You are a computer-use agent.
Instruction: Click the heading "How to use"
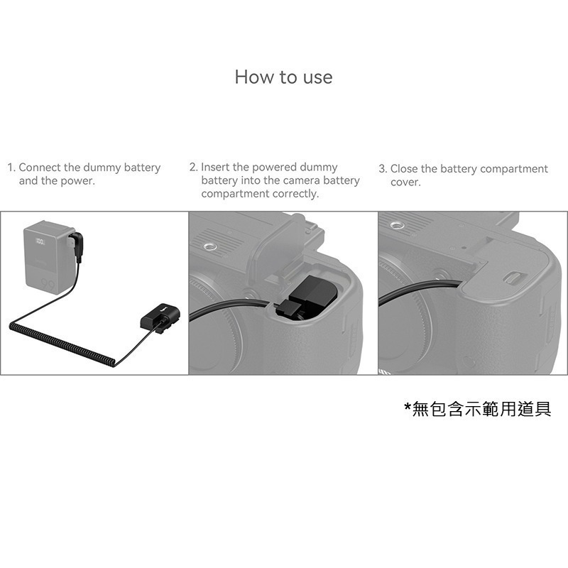click(x=283, y=77)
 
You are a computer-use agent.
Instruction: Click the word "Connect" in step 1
click(x=40, y=168)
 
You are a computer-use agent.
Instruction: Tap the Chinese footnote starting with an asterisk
click(x=478, y=409)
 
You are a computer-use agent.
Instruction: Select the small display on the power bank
click(x=40, y=241)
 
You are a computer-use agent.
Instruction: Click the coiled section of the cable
click(x=62, y=343)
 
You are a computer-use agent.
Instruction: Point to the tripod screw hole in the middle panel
click(x=210, y=246)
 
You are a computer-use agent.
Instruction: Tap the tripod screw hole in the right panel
click(x=397, y=225)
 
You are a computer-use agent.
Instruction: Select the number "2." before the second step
click(x=193, y=167)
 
